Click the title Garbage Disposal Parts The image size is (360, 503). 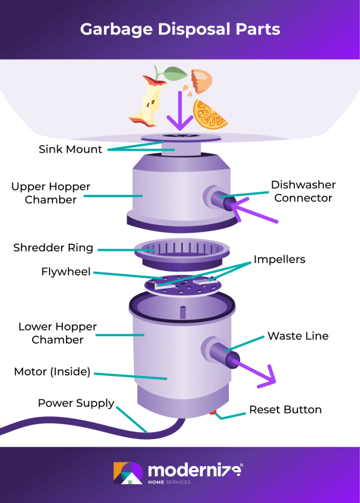click(180, 29)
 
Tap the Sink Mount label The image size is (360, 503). click(70, 150)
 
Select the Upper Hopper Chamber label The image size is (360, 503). click(51, 193)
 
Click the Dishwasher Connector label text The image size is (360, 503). click(303, 191)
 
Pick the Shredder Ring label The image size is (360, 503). click(53, 248)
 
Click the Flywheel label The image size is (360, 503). click(66, 271)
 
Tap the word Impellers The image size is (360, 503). click(279, 259)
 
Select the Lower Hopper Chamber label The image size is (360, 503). click(57, 333)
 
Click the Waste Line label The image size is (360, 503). click(298, 336)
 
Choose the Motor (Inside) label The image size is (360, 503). click(52, 372)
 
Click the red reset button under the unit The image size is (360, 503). click(213, 413)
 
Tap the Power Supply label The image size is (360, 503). click(76, 403)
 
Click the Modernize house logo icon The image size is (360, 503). click(127, 473)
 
